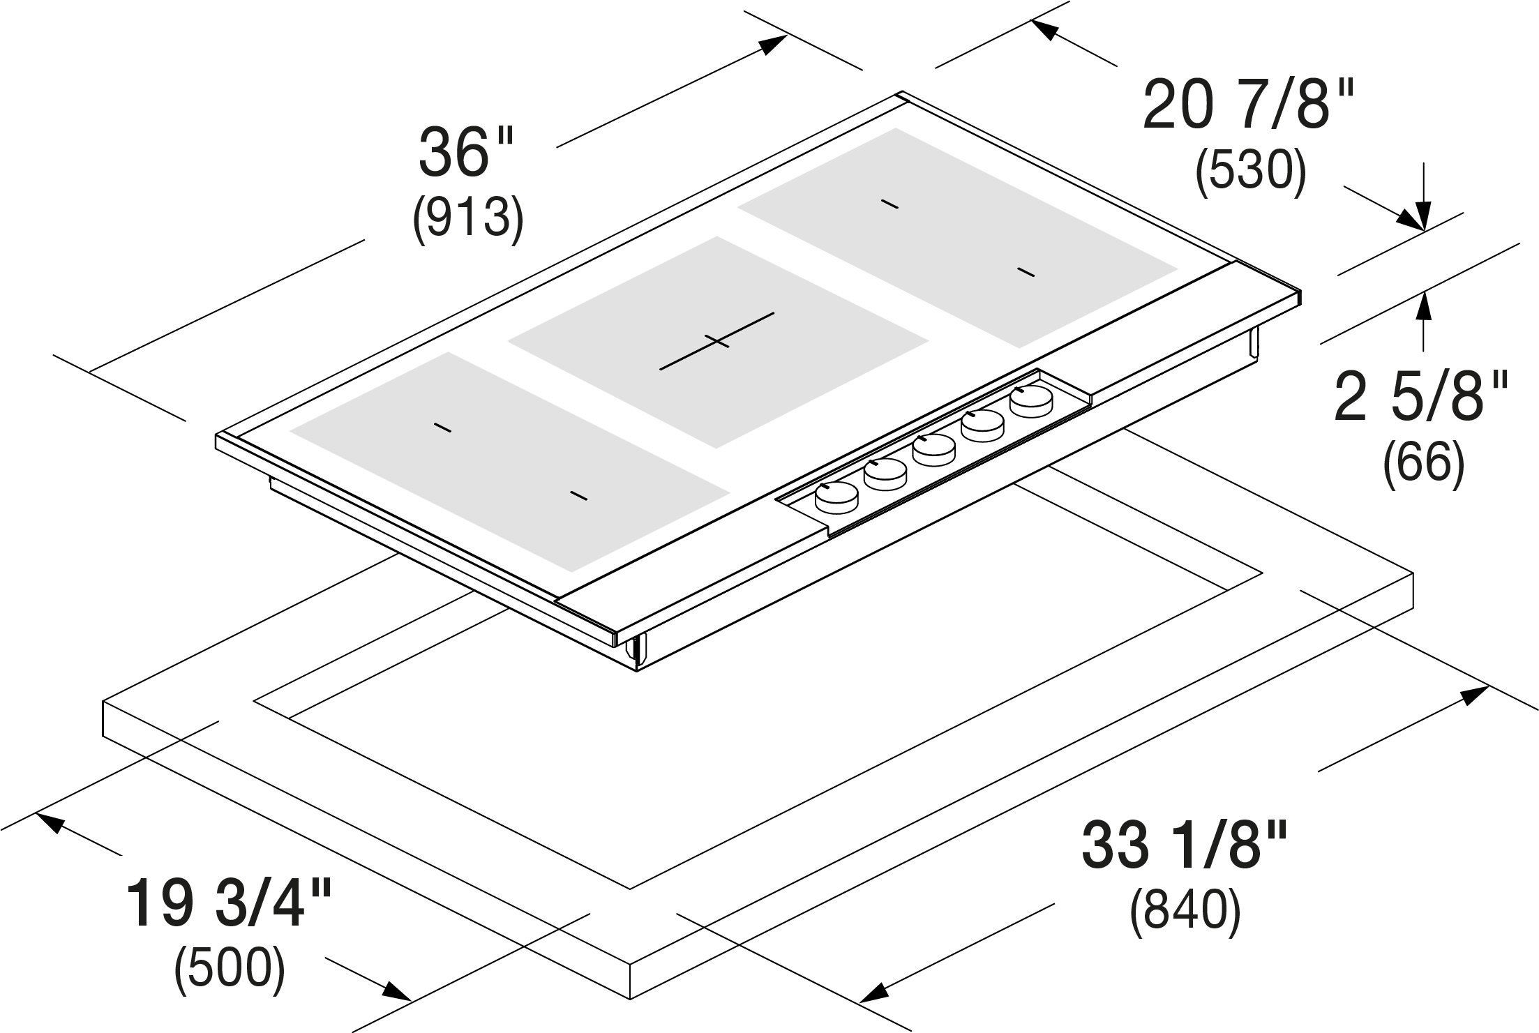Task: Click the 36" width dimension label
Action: pos(465,152)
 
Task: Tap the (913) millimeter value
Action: pos(468,218)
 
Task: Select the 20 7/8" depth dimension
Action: pos(1249,105)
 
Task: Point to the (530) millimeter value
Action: pos(1250,170)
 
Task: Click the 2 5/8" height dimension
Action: pos(1421,396)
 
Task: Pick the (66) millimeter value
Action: pos(1423,462)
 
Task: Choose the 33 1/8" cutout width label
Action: pos(1184,845)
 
